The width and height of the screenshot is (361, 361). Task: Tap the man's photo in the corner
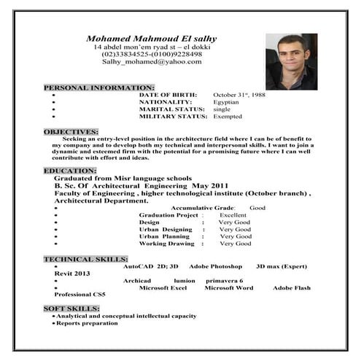click(x=291, y=61)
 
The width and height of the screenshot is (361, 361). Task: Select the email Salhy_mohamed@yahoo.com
click(x=152, y=62)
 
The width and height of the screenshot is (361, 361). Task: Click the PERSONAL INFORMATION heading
click(x=99, y=88)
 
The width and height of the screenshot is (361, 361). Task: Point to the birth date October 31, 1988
click(x=239, y=95)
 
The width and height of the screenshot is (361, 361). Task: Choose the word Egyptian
click(x=226, y=102)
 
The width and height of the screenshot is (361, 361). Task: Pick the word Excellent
click(x=233, y=215)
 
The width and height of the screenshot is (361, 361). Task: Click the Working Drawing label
click(x=167, y=244)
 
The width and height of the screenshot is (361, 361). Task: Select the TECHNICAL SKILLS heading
click(x=86, y=259)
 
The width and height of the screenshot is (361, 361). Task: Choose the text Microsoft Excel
click(x=163, y=287)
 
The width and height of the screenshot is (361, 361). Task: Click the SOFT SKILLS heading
click(x=71, y=308)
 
